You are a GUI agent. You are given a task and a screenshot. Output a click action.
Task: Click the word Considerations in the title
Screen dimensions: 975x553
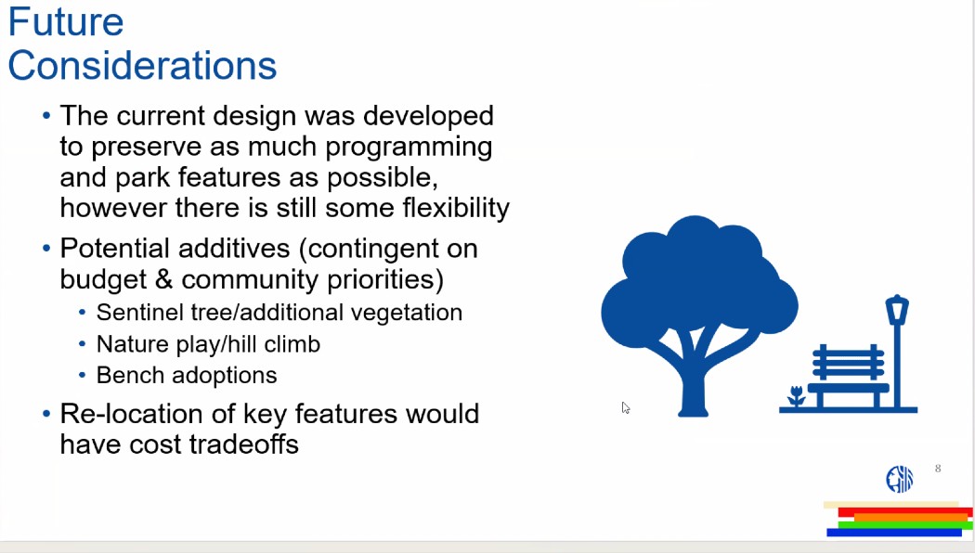(142, 65)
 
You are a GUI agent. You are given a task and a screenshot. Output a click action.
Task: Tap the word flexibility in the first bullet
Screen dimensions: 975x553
(456, 208)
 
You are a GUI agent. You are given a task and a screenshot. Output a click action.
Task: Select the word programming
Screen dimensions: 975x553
(409, 148)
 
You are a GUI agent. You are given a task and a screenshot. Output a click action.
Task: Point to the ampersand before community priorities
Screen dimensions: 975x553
(163, 279)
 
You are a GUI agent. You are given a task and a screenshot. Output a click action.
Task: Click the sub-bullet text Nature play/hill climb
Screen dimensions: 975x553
(208, 344)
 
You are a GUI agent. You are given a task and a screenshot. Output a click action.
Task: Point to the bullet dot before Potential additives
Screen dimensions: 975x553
(46, 248)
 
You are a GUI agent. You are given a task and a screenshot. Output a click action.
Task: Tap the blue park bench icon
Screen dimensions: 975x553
(848, 375)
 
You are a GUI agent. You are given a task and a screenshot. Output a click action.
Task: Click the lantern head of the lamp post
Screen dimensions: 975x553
(897, 309)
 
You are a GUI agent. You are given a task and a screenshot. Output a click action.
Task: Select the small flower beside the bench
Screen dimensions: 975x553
(796, 396)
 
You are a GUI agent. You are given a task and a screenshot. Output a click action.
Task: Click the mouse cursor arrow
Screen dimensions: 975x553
(626, 407)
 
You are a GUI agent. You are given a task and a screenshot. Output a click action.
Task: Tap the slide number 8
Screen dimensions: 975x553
(938, 469)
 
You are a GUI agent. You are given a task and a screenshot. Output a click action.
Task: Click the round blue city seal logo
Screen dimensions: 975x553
(900, 479)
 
